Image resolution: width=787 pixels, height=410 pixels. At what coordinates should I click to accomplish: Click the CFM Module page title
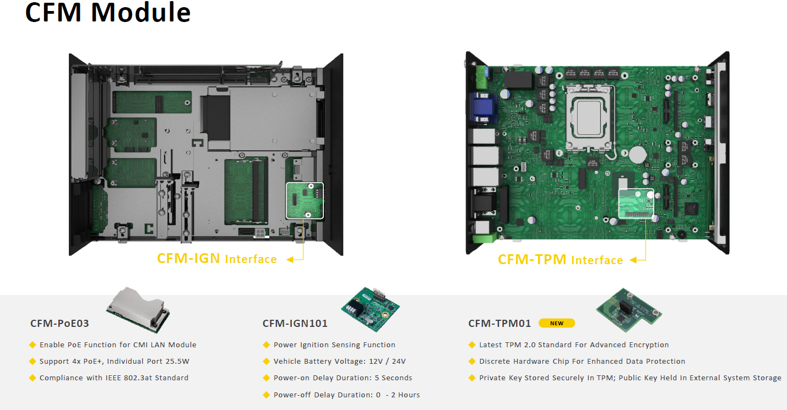[108, 13]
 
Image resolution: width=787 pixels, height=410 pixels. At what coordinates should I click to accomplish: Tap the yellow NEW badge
[557, 323]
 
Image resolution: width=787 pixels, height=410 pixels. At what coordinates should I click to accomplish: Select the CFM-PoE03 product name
[59, 323]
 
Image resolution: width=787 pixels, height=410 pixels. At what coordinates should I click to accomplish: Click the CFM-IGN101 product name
[295, 323]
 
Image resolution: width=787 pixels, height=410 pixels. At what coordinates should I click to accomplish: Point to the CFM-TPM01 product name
[500, 323]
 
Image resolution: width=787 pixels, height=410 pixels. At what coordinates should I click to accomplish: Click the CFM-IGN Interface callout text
[217, 259]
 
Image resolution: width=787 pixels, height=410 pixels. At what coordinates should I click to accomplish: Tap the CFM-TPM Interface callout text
[561, 260]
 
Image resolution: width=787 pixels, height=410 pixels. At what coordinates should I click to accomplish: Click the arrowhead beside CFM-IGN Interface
[290, 260]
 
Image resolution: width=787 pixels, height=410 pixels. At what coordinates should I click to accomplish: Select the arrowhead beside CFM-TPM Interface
[633, 260]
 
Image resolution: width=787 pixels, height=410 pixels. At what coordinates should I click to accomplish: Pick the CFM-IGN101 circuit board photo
[370, 309]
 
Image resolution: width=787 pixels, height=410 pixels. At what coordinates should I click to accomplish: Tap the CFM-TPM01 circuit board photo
[629, 310]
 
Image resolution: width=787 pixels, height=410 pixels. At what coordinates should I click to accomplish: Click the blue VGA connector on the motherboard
[484, 108]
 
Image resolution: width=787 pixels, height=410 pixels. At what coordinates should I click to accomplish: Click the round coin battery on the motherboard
[637, 155]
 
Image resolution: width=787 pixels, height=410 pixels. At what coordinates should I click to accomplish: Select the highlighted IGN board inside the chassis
[305, 200]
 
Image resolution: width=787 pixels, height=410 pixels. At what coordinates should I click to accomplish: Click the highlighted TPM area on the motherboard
[636, 204]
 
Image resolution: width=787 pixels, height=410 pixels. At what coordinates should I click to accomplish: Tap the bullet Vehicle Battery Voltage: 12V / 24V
[339, 361]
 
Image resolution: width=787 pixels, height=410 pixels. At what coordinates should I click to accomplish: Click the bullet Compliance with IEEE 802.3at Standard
[109, 378]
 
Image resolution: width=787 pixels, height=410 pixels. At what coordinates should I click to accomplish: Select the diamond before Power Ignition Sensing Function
[267, 345]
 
